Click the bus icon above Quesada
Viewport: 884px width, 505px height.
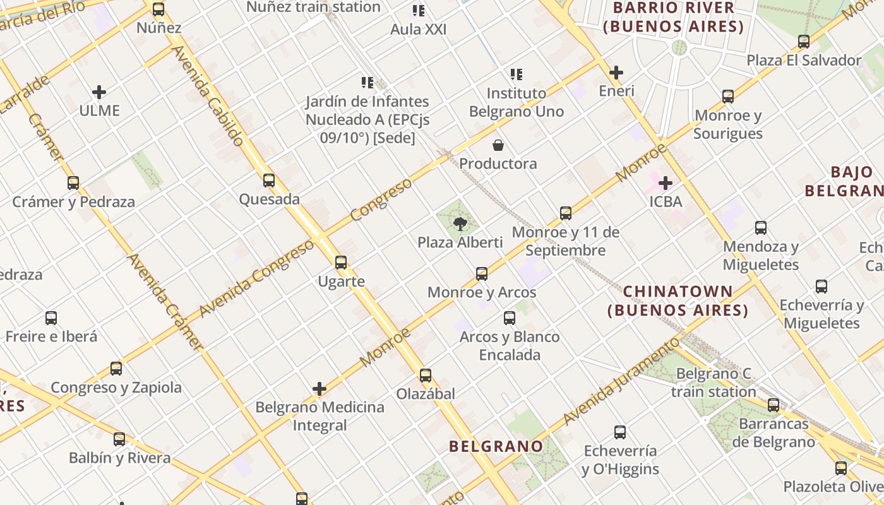click(x=269, y=181)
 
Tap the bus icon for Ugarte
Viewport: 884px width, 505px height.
click(x=341, y=263)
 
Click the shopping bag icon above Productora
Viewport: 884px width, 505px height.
click(x=498, y=146)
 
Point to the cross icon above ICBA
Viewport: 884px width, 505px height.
click(x=666, y=183)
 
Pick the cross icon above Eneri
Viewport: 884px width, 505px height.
click(x=616, y=73)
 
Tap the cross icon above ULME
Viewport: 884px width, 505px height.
click(x=99, y=92)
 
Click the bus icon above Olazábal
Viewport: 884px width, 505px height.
click(x=426, y=376)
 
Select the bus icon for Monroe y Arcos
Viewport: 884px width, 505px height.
click(x=482, y=274)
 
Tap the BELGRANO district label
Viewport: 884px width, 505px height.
click(x=496, y=446)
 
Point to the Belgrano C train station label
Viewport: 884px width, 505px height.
click(x=714, y=383)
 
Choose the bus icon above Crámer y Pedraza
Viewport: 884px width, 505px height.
click(x=73, y=183)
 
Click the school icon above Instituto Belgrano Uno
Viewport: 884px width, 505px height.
click(x=517, y=74)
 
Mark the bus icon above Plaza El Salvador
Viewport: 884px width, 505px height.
click(x=804, y=42)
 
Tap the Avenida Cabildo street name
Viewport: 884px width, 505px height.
click(x=207, y=96)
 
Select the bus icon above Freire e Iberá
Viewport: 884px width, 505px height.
click(x=51, y=318)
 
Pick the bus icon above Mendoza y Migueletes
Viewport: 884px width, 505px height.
click(x=761, y=228)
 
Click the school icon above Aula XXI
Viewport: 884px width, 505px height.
click(x=419, y=11)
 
